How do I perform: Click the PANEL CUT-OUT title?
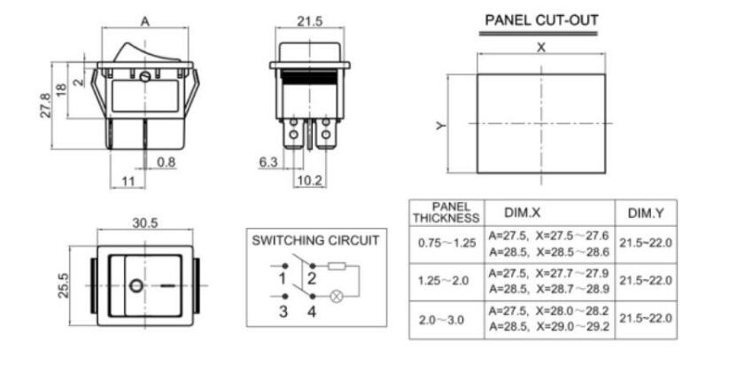coord(541,20)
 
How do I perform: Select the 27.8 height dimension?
coord(45,105)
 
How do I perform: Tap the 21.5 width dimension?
coord(310,21)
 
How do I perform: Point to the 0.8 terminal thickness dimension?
coord(166,162)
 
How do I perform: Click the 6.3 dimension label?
coord(268,161)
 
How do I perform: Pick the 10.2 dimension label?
coord(309,181)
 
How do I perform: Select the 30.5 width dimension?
coord(145,223)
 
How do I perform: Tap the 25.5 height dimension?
coord(63,285)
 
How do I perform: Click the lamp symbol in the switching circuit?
coord(336,297)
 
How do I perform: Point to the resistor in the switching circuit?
coord(337,266)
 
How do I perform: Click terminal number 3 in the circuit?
coord(283,312)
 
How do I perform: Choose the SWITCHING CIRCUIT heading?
coord(316,240)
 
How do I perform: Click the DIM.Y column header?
coord(645,214)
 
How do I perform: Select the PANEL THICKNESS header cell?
coord(446,213)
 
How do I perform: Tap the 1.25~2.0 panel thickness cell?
coord(443,280)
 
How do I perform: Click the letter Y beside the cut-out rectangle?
coord(441,126)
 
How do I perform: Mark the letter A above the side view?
coord(145,21)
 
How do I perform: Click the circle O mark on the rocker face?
coord(136,285)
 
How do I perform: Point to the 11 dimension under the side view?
coord(128,181)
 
